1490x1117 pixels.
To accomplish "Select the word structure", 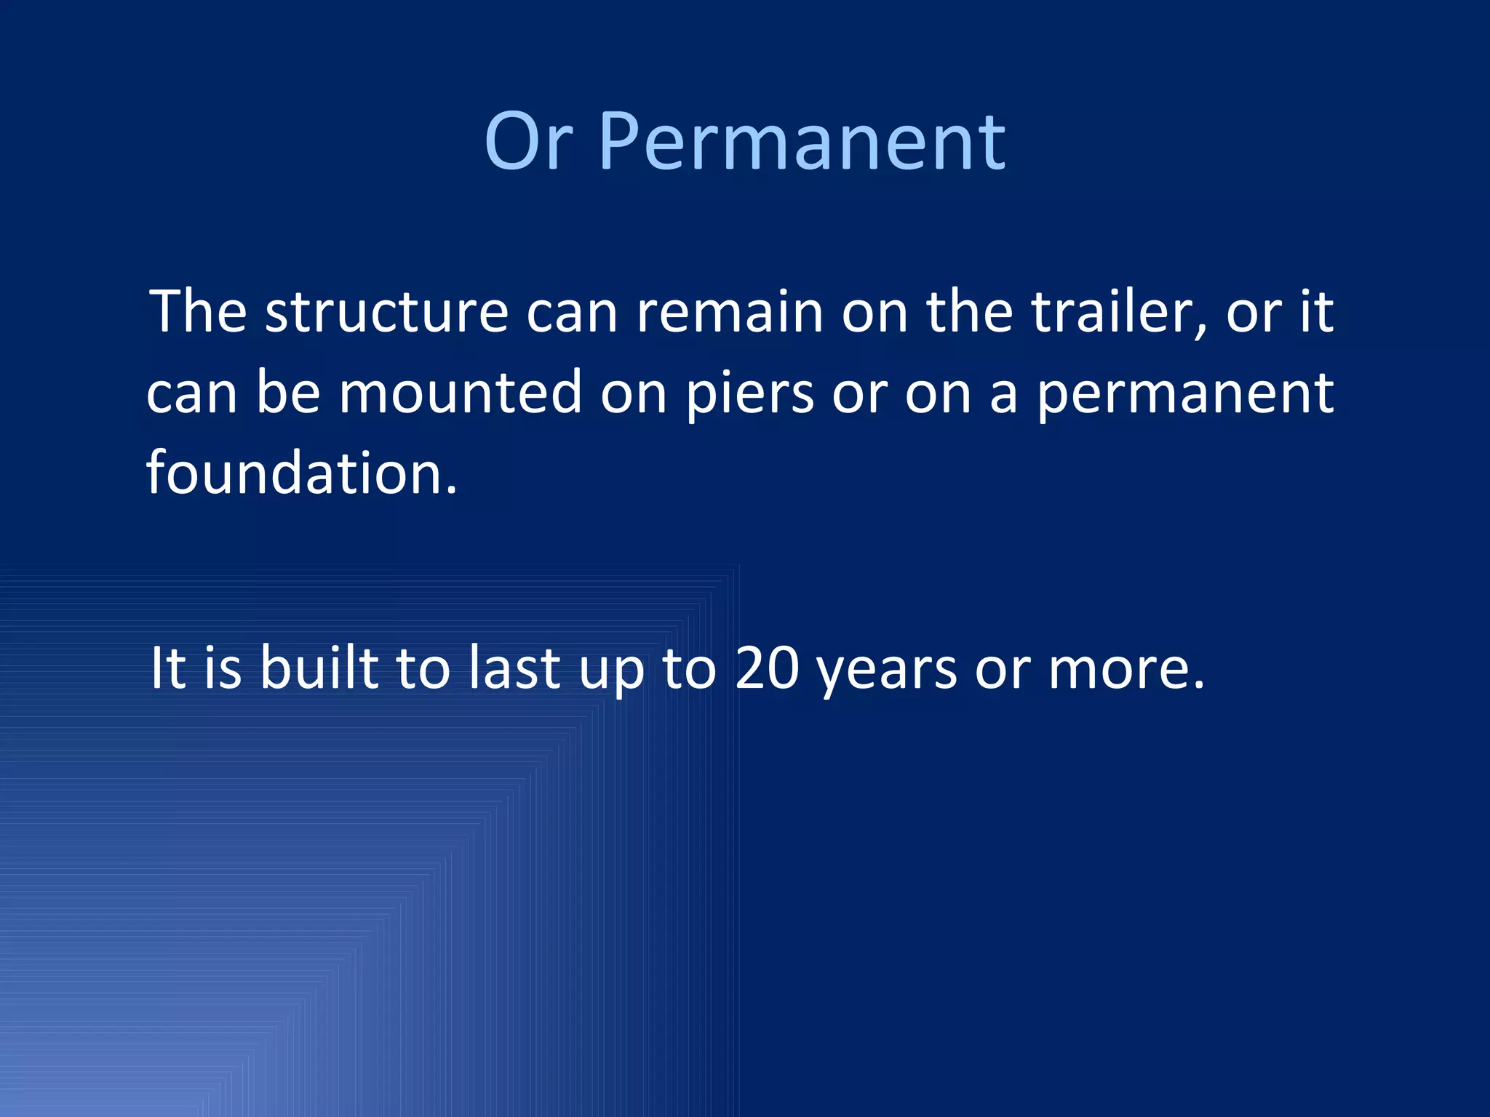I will pyautogui.click(x=386, y=313).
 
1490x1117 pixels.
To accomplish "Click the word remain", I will pyautogui.click(x=730, y=313).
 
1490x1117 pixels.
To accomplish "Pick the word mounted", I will pyautogui.click(x=461, y=393).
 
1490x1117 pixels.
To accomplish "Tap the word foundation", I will pyautogui.click(x=302, y=473).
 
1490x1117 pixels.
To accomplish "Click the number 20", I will pyautogui.click(x=767, y=668).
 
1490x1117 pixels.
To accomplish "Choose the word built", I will pyautogui.click(x=319, y=668).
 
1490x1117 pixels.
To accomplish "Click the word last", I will pyautogui.click(x=514, y=668).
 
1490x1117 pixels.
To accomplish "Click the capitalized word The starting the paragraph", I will pyautogui.click(x=198, y=313).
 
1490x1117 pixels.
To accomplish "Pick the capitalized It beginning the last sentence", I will pyautogui.click(x=168, y=668).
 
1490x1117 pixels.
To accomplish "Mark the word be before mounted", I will pyautogui.click(x=288, y=393).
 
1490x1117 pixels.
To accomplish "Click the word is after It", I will pyautogui.click(x=223, y=668).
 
